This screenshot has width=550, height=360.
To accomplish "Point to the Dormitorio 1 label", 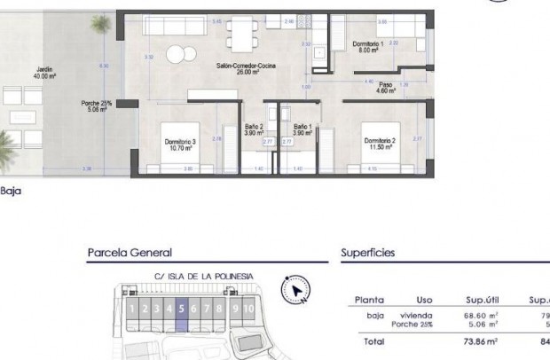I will pos(365,46).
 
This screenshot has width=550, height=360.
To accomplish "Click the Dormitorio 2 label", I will pos(377,143).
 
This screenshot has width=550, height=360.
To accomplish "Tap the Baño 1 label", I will pos(304,129).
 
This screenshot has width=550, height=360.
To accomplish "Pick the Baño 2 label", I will pos(255,129).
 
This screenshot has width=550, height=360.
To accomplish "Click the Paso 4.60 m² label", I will pos(384,88).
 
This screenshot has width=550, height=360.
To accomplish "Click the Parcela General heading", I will pos(130,253).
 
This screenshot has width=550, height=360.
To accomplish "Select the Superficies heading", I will pos(368,253).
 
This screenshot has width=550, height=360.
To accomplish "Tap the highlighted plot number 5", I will pos(181,309).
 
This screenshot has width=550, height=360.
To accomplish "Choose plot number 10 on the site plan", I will pos(250,309).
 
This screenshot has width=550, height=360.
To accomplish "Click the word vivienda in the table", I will pos(415,315).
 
